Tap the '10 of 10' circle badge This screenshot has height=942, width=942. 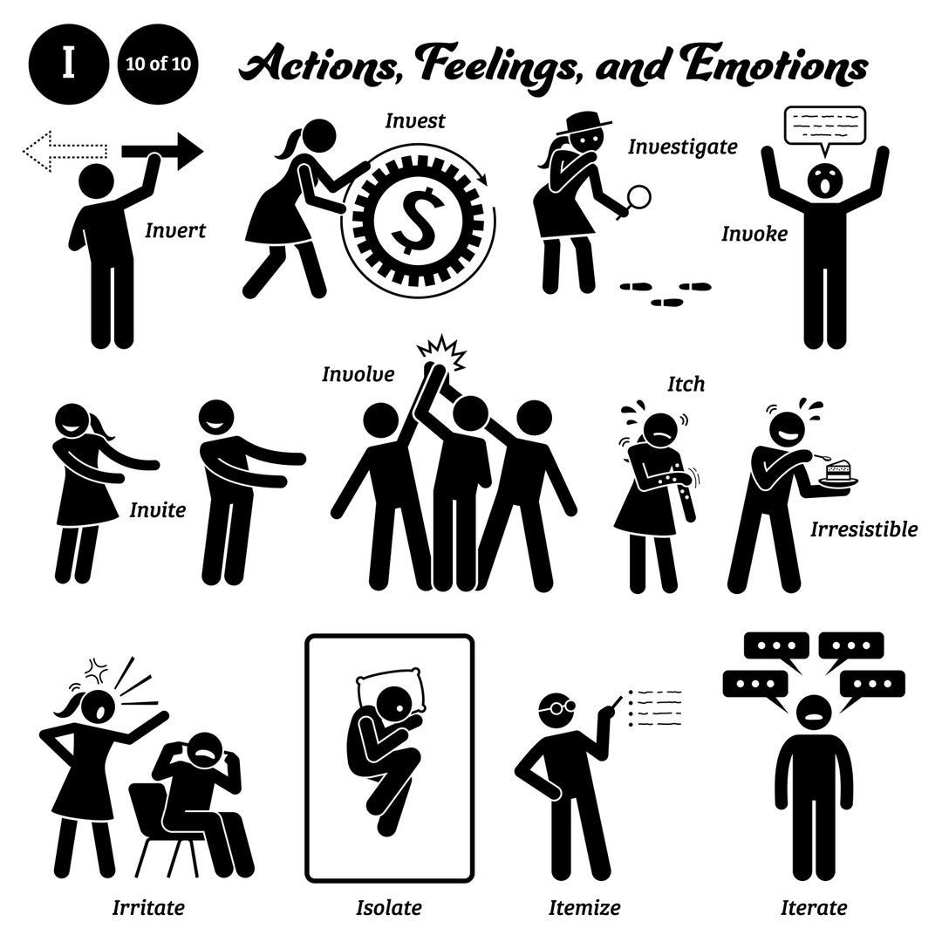click(x=157, y=65)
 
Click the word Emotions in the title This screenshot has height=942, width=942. click(x=768, y=65)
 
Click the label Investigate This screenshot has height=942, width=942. click(x=683, y=147)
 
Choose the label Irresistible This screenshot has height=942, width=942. click(x=863, y=529)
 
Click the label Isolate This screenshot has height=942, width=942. click(x=389, y=907)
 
